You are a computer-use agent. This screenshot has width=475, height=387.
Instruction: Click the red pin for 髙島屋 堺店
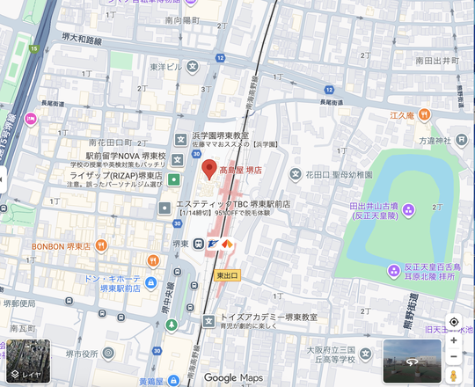(208, 169)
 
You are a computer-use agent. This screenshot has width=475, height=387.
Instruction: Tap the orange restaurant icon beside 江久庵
(423, 114)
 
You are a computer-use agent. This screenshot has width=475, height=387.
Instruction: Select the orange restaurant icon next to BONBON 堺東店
(101, 245)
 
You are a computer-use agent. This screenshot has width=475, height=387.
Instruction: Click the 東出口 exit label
(227, 274)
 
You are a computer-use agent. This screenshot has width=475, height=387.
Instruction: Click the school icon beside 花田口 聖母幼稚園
(296, 173)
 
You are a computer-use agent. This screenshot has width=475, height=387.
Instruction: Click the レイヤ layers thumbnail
(26, 361)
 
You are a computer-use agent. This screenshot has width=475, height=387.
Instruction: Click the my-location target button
(453, 322)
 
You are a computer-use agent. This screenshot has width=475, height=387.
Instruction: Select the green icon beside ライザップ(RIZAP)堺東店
(174, 179)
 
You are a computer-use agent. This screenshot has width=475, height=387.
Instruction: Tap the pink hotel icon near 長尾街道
(30, 118)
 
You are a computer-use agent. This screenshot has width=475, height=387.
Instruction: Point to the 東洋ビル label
(165, 67)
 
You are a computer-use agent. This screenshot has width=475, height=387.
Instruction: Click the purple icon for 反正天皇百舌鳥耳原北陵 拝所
(392, 269)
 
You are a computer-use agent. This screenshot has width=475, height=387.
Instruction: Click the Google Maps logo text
(234, 377)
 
